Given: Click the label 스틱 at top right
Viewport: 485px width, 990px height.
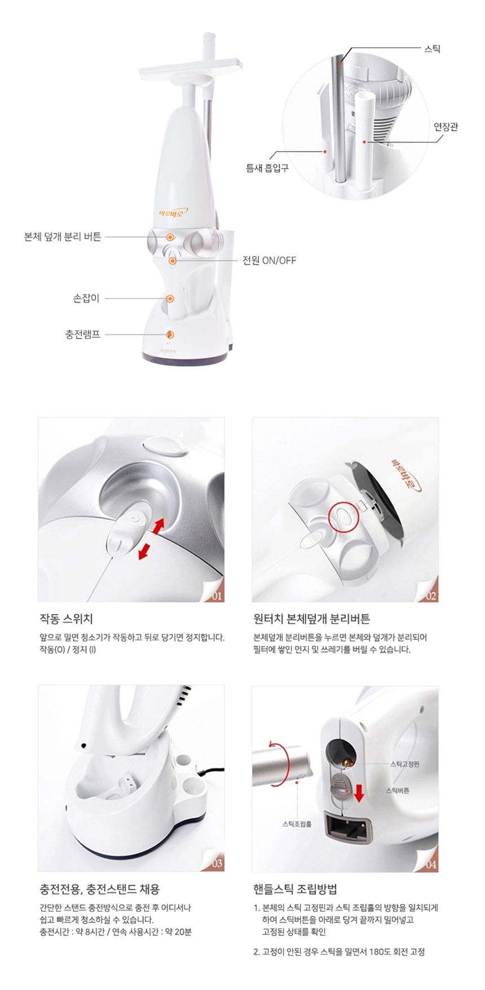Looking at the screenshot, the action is pyautogui.click(x=432, y=49).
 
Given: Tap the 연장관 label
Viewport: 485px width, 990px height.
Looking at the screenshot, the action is pyautogui.click(x=446, y=126).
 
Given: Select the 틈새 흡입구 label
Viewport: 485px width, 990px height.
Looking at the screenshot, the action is pyautogui.click(x=267, y=168).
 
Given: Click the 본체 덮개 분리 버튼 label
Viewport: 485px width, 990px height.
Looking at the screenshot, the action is pyautogui.click(x=63, y=237).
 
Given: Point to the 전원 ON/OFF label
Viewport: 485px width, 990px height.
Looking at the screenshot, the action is pyautogui.click(x=269, y=261).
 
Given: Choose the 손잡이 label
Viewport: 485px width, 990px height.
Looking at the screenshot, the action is pyautogui.click(x=86, y=299).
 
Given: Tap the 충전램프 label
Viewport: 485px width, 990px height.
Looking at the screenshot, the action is pyautogui.click(x=82, y=334).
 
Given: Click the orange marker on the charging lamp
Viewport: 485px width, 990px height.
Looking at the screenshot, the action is pyautogui.click(x=170, y=335).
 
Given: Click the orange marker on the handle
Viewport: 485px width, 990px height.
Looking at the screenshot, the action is pyautogui.click(x=170, y=299).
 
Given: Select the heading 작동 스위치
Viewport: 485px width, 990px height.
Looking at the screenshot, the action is pyautogui.click(x=66, y=619).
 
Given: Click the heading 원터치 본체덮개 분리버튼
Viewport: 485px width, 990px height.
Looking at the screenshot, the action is pyautogui.click(x=312, y=619).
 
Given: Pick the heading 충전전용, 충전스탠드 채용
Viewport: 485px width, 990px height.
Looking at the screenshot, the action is pyautogui.click(x=100, y=890).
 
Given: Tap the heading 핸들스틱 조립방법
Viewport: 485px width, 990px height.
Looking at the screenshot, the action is pyautogui.click(x=296, y=890).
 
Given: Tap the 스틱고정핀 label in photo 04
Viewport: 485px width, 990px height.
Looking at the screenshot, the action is pyautogui.click(x=405, y=764).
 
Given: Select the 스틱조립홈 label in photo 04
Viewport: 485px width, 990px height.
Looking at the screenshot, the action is pyautogui.click(x=297, y=824).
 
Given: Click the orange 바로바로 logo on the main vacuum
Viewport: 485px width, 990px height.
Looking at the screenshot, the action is pyautogui.click(x=173, y=213).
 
